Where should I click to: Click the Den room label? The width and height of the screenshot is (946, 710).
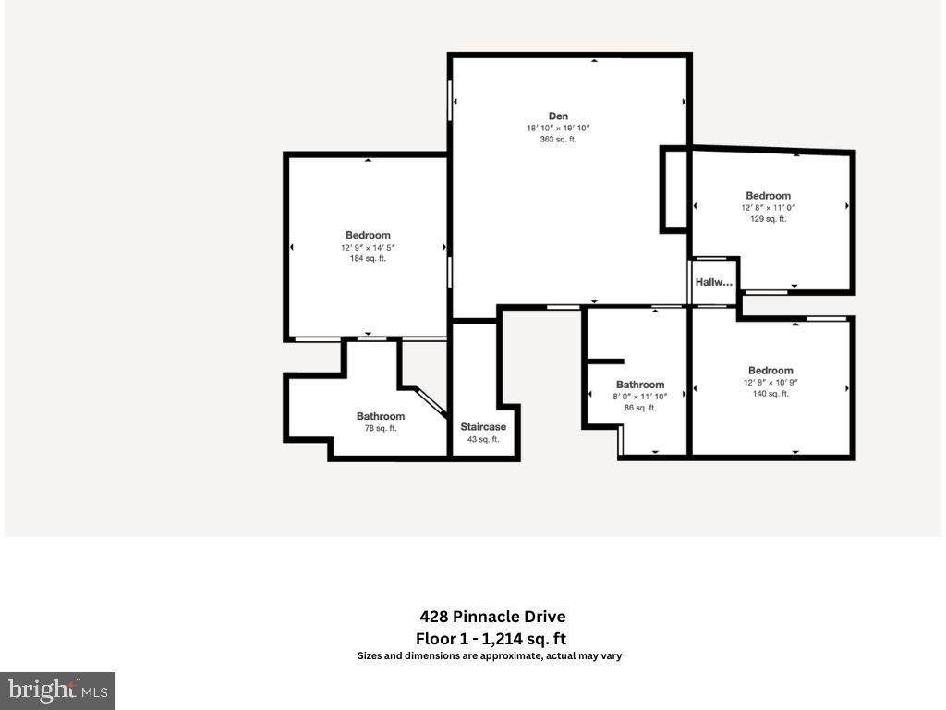558,116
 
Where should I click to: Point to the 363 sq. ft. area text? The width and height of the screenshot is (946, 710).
558,140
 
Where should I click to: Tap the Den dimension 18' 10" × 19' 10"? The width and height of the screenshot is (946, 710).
558,129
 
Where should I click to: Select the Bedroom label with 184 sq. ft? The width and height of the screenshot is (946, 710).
368,235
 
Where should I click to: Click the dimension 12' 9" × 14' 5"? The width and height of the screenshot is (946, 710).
368,247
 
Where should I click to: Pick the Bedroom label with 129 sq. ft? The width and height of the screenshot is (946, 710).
768,196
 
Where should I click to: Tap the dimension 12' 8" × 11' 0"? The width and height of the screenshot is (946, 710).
768,208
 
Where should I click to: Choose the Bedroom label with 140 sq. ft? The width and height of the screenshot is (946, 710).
770,371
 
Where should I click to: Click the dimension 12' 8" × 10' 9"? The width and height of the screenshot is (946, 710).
770,383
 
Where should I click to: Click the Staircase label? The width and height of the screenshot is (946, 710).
483,427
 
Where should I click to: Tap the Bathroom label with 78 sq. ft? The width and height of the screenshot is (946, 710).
381,416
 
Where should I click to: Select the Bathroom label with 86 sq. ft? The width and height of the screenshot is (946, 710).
640,385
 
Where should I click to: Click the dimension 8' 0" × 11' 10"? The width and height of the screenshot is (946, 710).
640,397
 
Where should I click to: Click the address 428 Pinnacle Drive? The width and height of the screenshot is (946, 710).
491,617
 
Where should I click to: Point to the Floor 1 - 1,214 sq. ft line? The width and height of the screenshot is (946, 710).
491,638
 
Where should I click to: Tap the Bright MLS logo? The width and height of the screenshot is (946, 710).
57,690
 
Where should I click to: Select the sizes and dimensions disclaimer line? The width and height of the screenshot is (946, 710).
490,656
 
